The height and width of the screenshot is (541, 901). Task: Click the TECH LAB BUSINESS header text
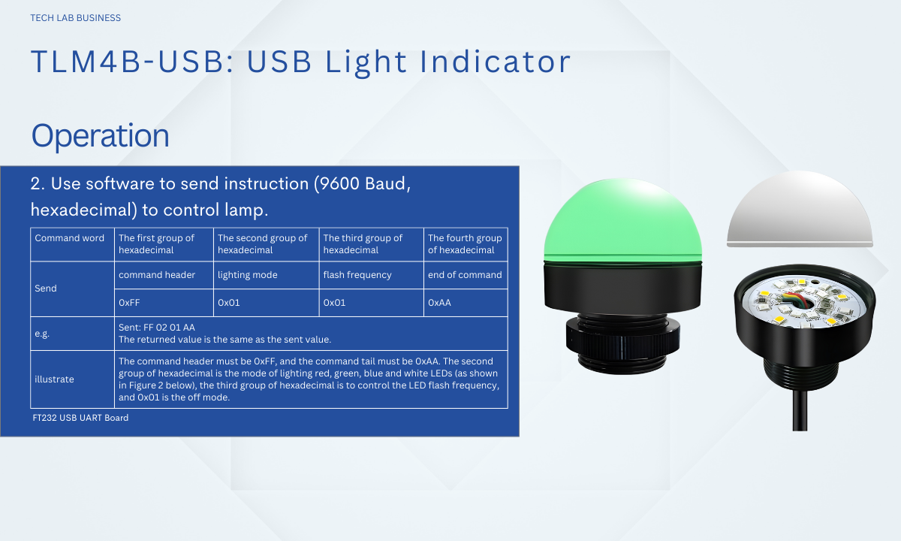(75, 18)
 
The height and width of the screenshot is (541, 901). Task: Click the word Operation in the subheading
(100, 136)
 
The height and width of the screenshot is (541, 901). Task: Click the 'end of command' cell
(465, 275)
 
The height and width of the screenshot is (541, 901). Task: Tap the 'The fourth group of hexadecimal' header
(465, 244)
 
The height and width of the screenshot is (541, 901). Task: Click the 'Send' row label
(46, 289)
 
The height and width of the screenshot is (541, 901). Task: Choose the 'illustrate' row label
(54, 379)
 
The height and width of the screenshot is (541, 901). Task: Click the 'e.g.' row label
(42, 334)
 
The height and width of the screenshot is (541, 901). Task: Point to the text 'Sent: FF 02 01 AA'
(157, 328)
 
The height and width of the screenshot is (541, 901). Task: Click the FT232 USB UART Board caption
(80, 418)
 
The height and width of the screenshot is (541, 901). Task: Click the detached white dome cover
(800, 210)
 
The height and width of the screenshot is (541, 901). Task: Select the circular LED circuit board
(803, 302)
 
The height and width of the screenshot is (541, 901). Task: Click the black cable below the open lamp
(800, 410)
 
